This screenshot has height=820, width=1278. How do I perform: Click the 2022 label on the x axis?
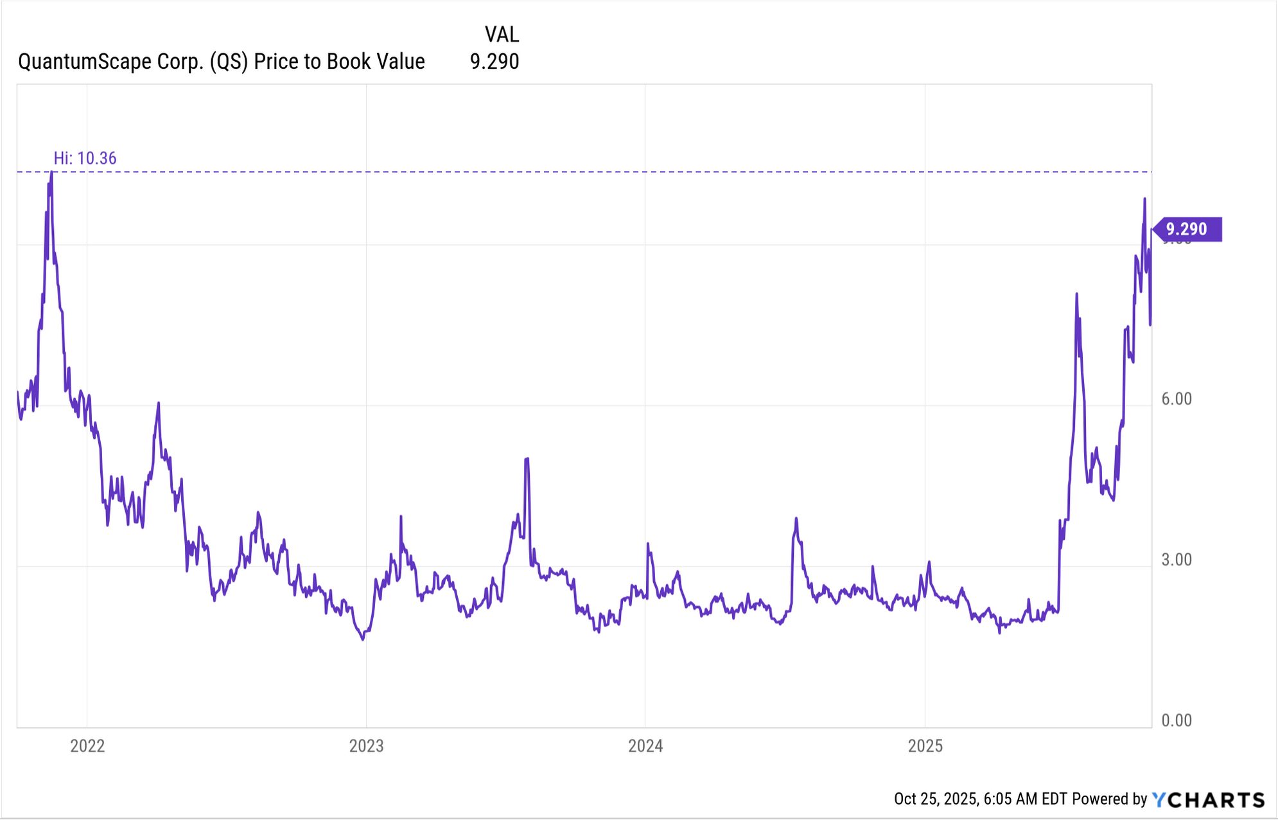(x=87, y=746)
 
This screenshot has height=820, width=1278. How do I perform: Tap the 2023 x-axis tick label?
(x=366, y=746)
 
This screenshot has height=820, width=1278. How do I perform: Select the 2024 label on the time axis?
(x=645, y=746)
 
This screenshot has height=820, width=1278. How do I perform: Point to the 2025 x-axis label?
(x=925, y=746)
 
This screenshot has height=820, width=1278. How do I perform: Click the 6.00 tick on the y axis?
(x=1177, y=399)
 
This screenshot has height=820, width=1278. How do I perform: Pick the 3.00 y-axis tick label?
(x=1177, y=560)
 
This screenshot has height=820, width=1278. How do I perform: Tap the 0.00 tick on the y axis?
(x=1177, y=720)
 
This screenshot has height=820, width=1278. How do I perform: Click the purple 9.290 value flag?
(x=1187, y=229)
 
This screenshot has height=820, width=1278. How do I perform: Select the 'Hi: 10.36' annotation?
(x=85, y=158)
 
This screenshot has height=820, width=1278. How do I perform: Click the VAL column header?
(x=502, y=34)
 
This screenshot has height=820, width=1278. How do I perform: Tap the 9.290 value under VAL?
(x=494, y=62)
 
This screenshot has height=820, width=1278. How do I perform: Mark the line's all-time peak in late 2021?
(x=51, y=172)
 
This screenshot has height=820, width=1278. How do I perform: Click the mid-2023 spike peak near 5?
(x=527, y=458)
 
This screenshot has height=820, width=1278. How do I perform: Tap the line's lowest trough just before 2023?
(x=363, y=640)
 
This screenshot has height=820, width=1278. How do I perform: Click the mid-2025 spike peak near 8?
(x=1077, y=294)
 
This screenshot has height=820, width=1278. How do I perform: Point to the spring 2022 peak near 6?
(x=159, y=403)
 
